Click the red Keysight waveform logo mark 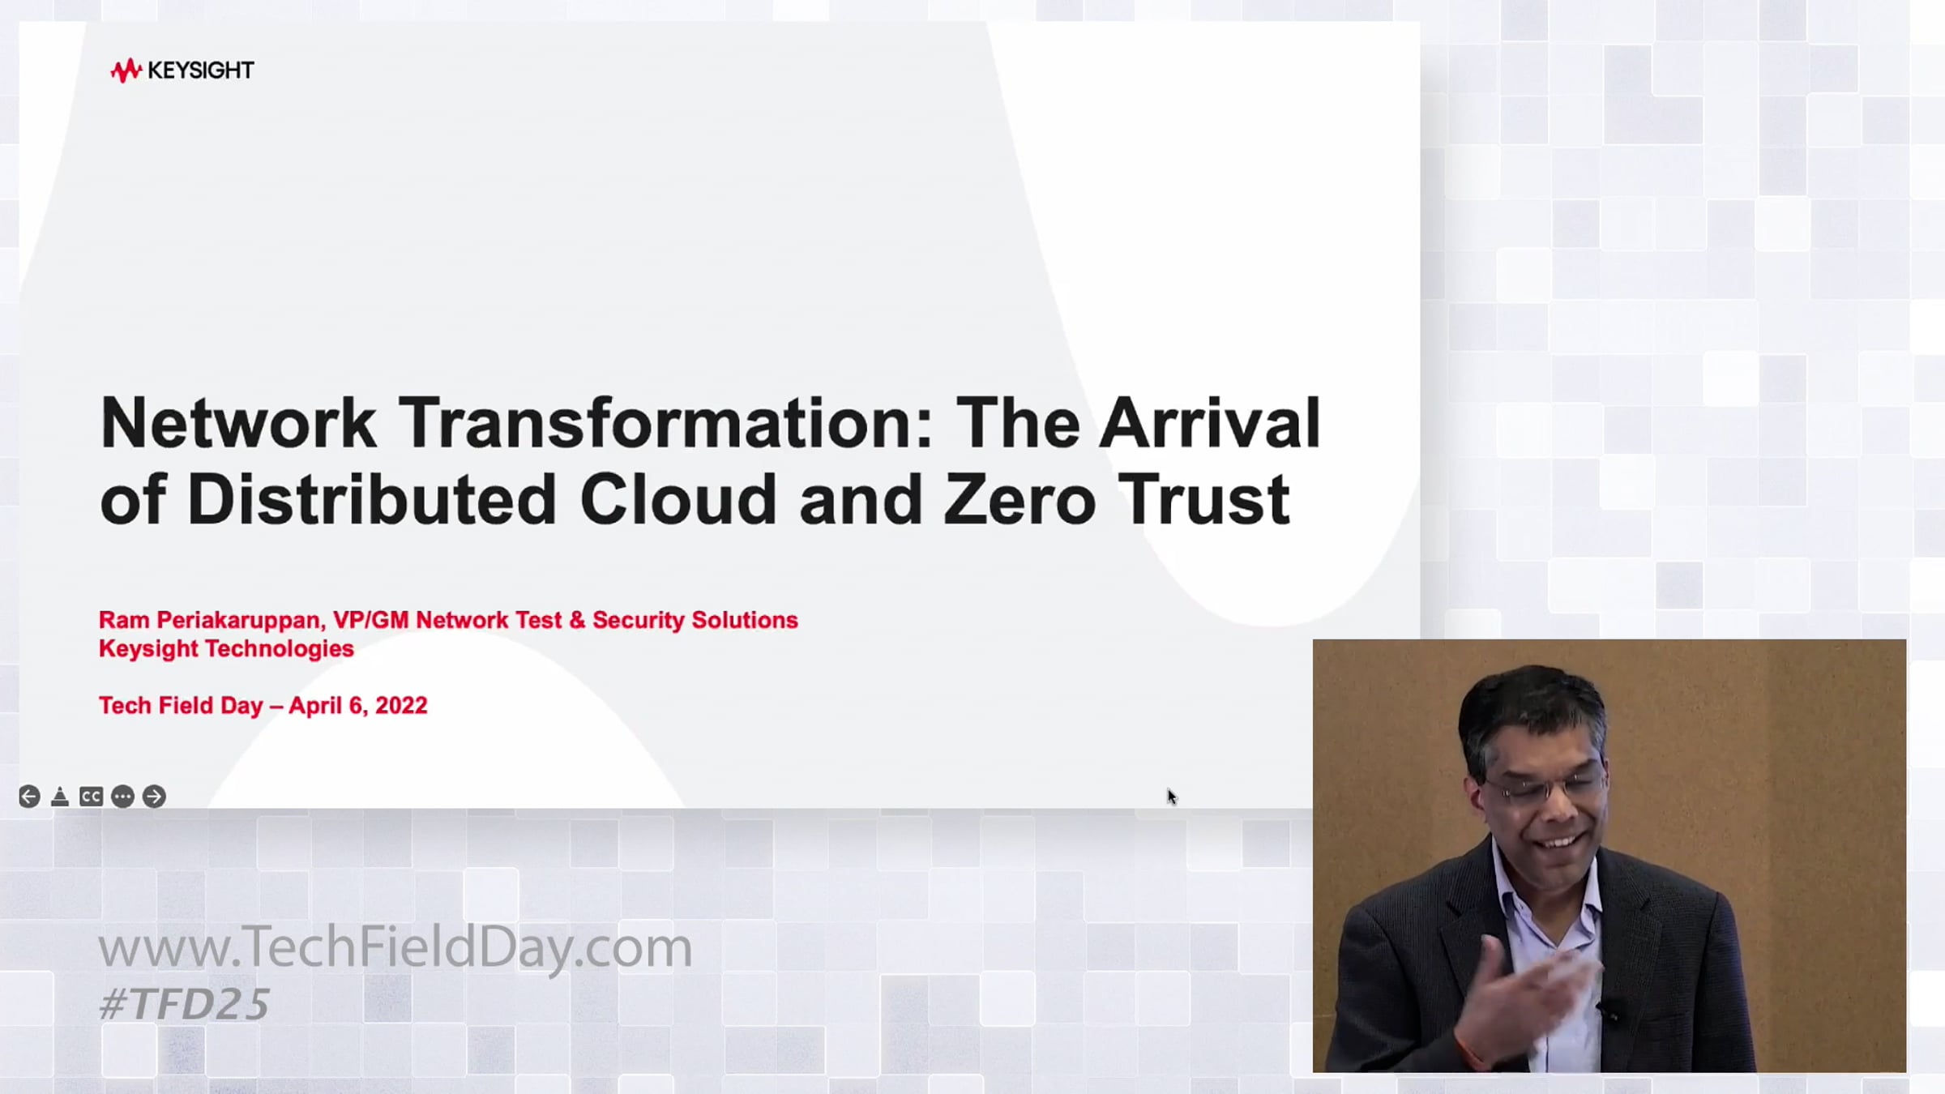(126, 71)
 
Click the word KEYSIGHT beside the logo (201, 71)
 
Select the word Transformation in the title (666, 423)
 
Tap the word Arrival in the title (1209, 423)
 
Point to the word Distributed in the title (372, 499)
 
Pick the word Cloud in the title (678, 499)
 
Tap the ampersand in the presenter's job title (577, 621)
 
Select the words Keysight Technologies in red (226, 649)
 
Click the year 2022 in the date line (401, 706)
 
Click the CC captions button (91, 797)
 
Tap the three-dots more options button (122, 797)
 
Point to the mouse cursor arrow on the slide (1172, 797)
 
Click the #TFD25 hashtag (184, 1004)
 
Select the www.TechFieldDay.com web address (395, 947)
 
